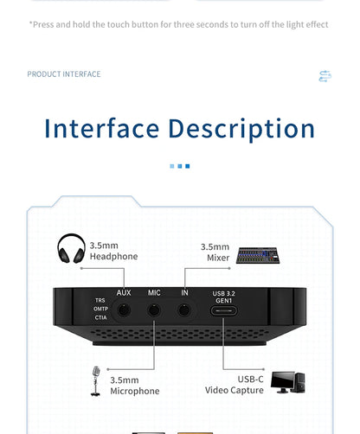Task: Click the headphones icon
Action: click(x=71, y=248)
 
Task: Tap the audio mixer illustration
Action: click(x=258, y=255)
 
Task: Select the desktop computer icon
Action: click(x=287, y=382)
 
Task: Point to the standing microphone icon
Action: click(x=96, y=381)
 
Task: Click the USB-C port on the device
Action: click(x=223, y=310)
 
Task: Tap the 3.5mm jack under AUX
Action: click(x=124, y=310)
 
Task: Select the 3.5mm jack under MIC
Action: click(x=154, y=310)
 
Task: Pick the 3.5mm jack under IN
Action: click(x=184, y=310)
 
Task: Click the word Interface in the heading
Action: click(x=101, y=129)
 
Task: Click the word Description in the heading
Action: click(x=241, y=130)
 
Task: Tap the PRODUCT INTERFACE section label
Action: click(x=64, y=74)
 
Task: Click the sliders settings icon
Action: click(x=325, y=76)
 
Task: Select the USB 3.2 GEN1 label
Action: click(x=223, y=297)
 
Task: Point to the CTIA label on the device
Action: click(x=100, y=317)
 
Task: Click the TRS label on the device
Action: click(x=100, y=300)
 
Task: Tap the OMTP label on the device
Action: click(x=100, y=309)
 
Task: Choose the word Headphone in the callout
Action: click(x=113, y=257)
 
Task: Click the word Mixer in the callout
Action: click(x=218, y=258)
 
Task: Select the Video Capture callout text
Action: click(x=235, y=390)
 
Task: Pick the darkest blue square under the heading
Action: click(x=188, y=166)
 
